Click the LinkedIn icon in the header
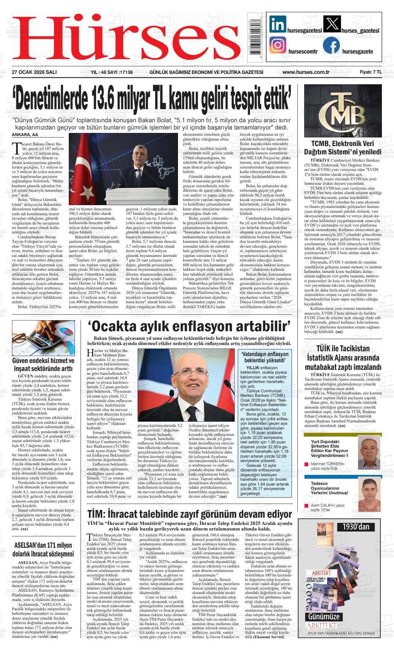(278, 25)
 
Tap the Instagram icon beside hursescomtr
(278, 46)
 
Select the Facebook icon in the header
(331, 46)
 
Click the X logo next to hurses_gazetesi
(331, 25)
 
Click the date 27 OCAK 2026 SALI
(34, 72)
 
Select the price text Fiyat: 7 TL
(370, 72)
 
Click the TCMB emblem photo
(343, 111)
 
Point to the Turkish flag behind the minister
(83, 166)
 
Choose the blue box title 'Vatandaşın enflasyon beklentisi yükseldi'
(265, 357)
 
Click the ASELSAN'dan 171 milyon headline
(43, 549)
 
